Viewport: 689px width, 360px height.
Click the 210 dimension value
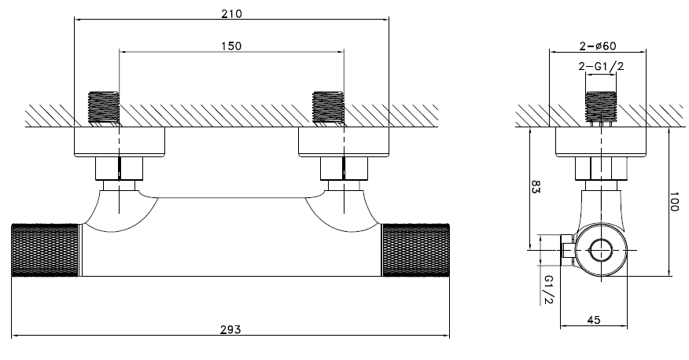tap(231, 13)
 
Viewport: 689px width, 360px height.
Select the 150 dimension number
tap(231, 46)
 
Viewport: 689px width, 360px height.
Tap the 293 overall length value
tap(230, 329)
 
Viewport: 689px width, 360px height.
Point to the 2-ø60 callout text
tap(598, 46)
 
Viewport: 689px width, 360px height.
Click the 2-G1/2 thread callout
tap(601, 66)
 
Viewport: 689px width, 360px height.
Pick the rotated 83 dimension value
tap(536, 186)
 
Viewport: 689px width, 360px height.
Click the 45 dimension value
tap(594, 320)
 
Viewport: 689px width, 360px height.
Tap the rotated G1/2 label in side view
tap(548, 290)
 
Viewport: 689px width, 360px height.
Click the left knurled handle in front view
tap(45, 250)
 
